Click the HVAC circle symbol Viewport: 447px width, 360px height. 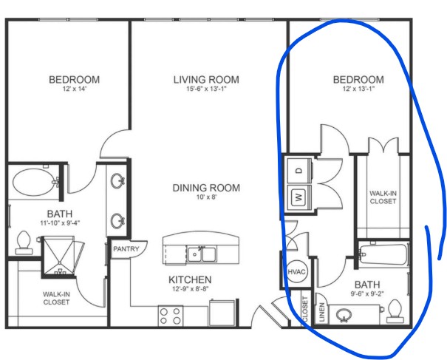pyautogui.click(x=296, y=272)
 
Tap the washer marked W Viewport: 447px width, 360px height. pyautogui.click(x=299, y=197)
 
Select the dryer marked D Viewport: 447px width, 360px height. pyautogui.click(x=299, y=171)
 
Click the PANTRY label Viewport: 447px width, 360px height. pyautogui.click(x=126, y=249)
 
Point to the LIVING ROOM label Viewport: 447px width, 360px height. pyautogui.click(x=206, y=80)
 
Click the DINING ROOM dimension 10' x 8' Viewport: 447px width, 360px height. pyautogui.click(x=206, y=197)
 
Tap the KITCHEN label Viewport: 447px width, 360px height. pyautogui.click(x=190, y=279)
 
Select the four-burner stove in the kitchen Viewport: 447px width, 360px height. pyautogui.click(x=170, y=316)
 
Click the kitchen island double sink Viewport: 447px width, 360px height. pyautogui.click(x=201, y=254)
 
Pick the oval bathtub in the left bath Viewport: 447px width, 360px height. pyautogui.click(x=34, y=182)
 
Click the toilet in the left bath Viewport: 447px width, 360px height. pyautogui.click(x=24, y=242)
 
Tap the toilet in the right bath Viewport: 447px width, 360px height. pyautogui.click(x=395, y=311)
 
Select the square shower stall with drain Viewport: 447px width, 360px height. pyautogui.click(x=59, y=256)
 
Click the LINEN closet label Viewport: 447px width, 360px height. pyautogui.click(x=321, y=313)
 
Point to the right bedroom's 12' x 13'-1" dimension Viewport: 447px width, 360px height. pyautogui.click(x=358, y=89)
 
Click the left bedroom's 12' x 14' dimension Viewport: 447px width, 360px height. pyautogui.click(x=74, y=89)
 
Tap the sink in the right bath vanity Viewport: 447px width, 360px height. pyautogui.click(x=344, y=315)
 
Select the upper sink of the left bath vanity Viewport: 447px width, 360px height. pyautogui.click(x=117, y=181)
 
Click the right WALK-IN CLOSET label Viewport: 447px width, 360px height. pyautogui.click(x=383, y=197)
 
